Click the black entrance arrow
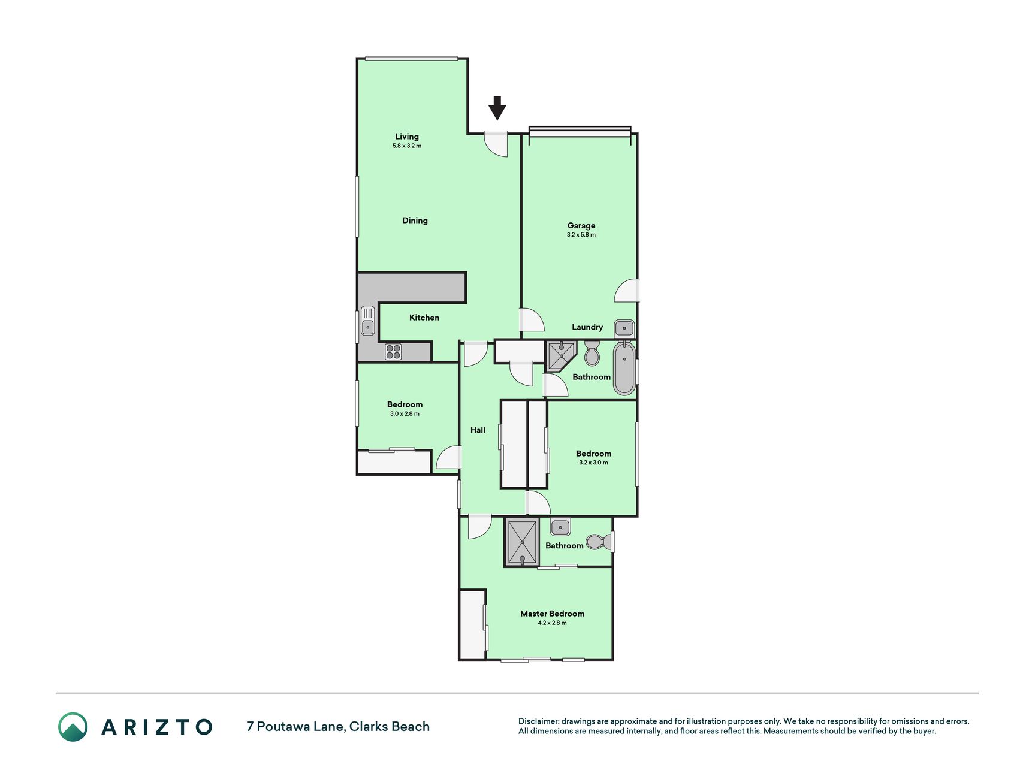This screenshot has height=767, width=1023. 497,108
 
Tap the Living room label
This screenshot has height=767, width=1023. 407,137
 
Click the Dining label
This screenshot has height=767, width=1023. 415,221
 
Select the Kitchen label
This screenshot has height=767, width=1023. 424,318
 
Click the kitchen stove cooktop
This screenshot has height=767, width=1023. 393,352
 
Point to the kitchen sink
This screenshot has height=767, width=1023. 367,321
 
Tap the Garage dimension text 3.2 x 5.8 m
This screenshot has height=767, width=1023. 581,235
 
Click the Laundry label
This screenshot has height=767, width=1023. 587,327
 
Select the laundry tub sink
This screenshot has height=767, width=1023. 624,328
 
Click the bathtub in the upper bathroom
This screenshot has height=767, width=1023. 624,368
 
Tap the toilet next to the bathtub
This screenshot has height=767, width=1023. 592,354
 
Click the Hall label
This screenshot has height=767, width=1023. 478,430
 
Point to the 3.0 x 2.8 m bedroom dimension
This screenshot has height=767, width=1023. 405,414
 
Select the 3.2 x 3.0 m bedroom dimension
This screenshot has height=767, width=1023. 593,463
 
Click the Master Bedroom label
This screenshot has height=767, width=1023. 552,614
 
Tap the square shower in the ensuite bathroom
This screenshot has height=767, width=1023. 522,542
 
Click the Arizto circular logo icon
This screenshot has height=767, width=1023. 73,727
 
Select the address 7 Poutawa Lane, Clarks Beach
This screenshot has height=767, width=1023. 338,727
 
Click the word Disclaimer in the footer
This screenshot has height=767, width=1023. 538,721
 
